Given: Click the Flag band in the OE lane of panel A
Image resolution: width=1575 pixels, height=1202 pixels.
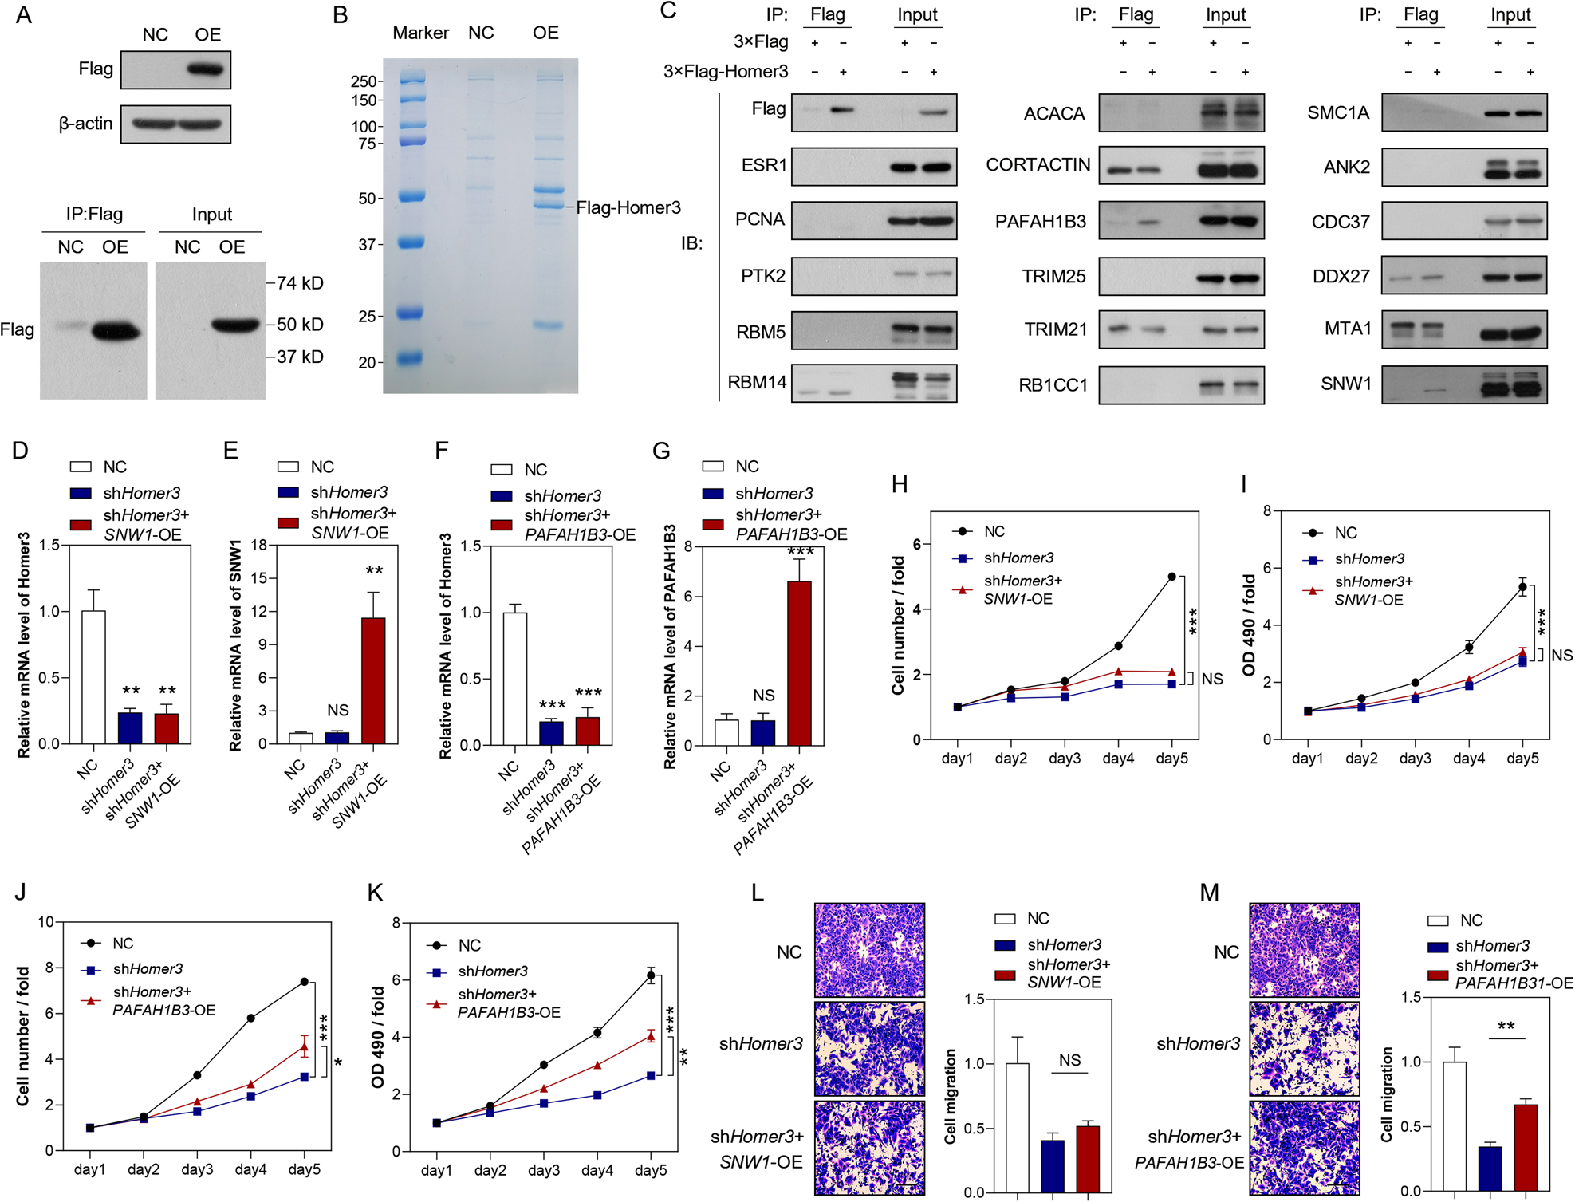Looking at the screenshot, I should point(207,69).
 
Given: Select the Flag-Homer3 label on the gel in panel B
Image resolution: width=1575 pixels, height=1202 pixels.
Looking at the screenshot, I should point(628,208).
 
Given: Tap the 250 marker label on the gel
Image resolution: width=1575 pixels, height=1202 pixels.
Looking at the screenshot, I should point(363,81).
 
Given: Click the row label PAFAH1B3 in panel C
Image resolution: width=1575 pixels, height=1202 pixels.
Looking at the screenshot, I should point(1040,222).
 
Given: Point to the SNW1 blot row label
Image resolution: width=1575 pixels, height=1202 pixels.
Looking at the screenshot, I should point(1345,384).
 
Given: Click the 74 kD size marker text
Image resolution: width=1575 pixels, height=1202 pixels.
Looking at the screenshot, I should point(299,283).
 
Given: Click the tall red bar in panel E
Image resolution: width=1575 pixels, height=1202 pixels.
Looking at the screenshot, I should point(373,680).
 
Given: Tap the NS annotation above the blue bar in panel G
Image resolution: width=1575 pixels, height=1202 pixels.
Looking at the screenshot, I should point(763,696).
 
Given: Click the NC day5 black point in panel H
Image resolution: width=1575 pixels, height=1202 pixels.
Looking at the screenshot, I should point(1171,577).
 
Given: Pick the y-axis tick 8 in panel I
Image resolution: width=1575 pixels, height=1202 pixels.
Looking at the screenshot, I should point(1266,510).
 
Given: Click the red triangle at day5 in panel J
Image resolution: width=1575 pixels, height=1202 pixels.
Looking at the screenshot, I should point(305,1046).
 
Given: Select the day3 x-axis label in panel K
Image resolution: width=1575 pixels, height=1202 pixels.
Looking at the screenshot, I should point(543,1170).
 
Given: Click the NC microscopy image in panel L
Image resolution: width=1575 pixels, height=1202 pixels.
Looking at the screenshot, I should point(869,949).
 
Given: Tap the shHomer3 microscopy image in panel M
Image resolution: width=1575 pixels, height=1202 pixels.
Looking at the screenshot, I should point(1304,1048).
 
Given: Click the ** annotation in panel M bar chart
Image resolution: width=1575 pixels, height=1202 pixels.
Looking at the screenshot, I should point(1506,1026).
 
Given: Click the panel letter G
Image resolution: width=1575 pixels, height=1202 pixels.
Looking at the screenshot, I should point(661,451).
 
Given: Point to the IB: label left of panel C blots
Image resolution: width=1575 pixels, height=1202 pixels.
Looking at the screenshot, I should point(691,243).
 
